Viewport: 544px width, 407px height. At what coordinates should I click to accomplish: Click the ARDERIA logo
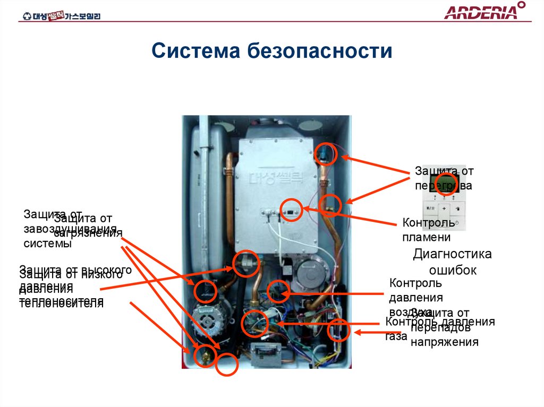point(484,12)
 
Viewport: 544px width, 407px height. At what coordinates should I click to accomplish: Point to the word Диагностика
point(453,254)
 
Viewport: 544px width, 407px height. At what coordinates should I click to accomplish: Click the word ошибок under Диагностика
point(453,270)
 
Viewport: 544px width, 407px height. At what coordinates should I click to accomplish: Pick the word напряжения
point(444,342)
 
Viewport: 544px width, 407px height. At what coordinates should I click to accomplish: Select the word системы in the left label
point(47,244)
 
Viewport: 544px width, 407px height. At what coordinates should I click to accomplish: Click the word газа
point(396,336)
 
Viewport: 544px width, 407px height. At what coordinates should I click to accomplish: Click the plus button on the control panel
point(445,209)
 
